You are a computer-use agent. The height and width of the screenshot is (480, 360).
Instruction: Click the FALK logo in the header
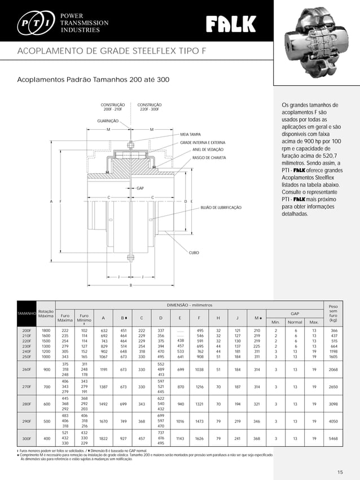pos(231,24)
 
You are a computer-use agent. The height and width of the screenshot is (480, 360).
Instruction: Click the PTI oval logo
pos(35,23)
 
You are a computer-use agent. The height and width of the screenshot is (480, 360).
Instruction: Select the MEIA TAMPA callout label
pos(191,135)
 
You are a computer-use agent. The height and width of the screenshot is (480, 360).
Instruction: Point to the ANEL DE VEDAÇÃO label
pos(208,150)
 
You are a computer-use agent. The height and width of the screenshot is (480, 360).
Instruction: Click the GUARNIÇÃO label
pos(108,121)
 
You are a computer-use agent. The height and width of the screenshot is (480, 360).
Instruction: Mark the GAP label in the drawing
pos(141,187)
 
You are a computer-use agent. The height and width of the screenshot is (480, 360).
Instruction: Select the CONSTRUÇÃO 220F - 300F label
pos(150,107)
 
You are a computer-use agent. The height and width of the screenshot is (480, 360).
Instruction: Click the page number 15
pos(340,472)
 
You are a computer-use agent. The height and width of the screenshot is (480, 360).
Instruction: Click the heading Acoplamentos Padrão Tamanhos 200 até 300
pos(94,80)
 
